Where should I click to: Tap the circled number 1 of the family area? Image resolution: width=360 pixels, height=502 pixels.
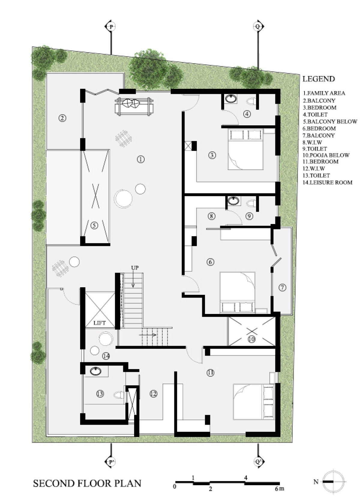click(x=140, y=159)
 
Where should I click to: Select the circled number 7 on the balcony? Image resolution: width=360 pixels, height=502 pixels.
click(x=282, y=287)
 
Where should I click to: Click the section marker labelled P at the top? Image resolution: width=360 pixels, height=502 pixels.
click(x=111, y=27)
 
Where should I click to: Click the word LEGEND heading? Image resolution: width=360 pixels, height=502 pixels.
click(x=319, y=79)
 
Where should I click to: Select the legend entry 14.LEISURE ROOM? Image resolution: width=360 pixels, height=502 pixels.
click(x=328, y=182)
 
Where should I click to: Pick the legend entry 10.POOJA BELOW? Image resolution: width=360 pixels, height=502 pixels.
click(x=326, y=155)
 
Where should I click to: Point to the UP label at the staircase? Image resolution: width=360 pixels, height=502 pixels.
click(x=135, y=267)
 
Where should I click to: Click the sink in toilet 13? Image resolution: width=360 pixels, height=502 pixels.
click(x=96, y=371)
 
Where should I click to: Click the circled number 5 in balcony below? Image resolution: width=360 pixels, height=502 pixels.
click(x=94, y=225)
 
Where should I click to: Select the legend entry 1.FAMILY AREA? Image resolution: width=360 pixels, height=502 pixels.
click(x=324, y=93)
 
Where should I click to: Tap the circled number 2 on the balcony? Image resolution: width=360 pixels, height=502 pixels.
click(x=62, y=118)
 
